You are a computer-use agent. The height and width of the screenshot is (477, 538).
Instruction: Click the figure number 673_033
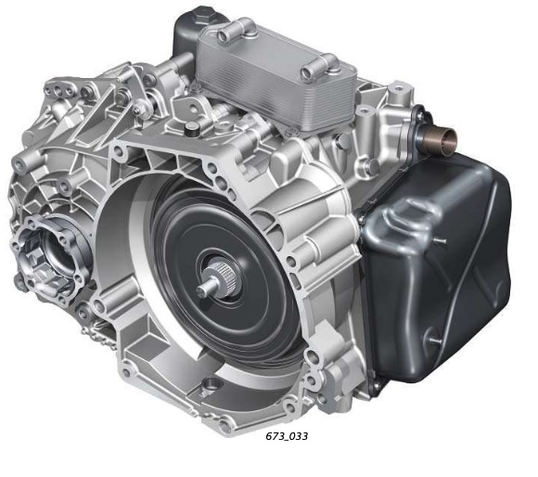[x=287, y=436]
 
